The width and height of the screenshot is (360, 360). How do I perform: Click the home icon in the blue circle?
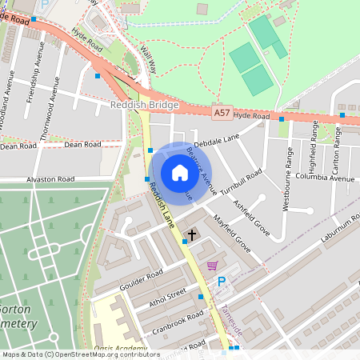coord(179,173)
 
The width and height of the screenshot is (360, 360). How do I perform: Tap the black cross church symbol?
coord(191,235)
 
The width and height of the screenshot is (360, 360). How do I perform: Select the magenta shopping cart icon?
coord(212,265)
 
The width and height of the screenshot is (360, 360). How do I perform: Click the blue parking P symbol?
coord(222,281)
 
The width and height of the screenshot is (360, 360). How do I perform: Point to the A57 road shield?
coord(222,114)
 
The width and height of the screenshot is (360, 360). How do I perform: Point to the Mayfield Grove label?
coord(231,232)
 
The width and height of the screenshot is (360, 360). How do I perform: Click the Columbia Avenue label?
coord(324,177)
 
